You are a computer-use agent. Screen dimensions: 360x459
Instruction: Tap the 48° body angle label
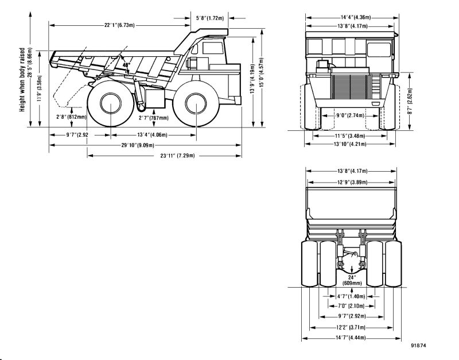(126, 65)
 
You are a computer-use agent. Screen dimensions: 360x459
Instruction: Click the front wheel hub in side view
(195, 104)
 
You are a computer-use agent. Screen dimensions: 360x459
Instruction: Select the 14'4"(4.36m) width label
(351, 17)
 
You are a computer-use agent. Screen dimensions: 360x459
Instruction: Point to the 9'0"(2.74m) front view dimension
(349, 115)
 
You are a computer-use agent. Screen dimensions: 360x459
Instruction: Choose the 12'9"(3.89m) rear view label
(351, 181)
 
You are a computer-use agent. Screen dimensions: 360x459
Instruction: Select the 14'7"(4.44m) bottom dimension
(351, 337)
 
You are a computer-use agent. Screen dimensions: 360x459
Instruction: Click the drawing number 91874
(419, 346)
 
